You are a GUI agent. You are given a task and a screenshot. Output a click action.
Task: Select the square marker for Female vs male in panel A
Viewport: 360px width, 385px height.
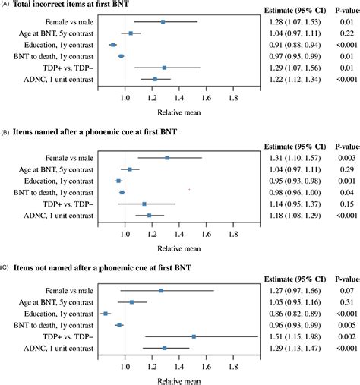(x=163, y=22)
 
